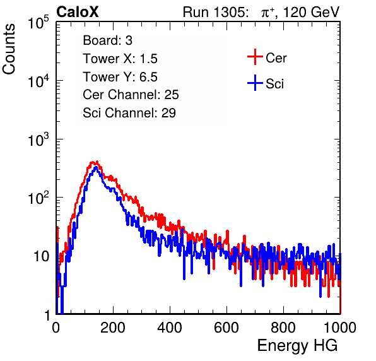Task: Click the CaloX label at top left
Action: [x=78, y=12]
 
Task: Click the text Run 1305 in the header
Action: [x=214, y=12]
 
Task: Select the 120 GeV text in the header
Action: [x=311, y=12]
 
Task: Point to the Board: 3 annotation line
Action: [x=107, y=40]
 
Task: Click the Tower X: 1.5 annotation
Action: [x=120, y=59]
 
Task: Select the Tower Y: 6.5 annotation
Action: [x=120, y=77]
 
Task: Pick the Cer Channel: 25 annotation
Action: [x=131, y=95]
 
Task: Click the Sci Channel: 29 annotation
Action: [x=129, y=113]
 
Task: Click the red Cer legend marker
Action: [x=255, y=57]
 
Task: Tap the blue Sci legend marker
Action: [x=255, y=83]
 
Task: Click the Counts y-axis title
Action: [x=9, y=49]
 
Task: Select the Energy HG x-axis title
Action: [x=297, y=346]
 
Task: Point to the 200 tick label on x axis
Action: [x=112, y=328]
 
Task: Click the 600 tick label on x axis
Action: [x=226, y=328]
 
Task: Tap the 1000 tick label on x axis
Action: [x=340, y=328]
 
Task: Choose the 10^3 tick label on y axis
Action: [x=38, y=139]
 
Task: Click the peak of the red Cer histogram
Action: [x=97, y=162]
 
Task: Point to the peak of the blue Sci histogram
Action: [x=96, y=167]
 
